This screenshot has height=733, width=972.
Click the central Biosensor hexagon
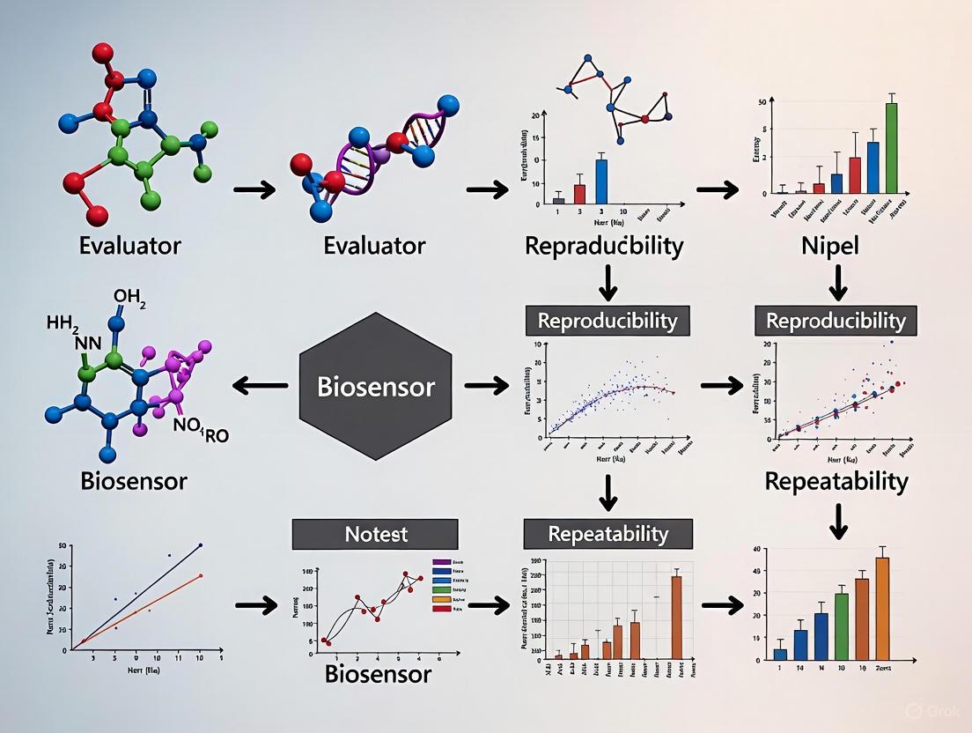pyautogui.click(x=376, y=385)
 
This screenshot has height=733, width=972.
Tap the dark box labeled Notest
pyautogui.click(x=375, y=534)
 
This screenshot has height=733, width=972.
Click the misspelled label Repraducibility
pyautogui.click(x=604, y=246)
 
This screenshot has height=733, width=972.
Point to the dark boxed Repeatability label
pyautogui.click(x=607, y=534)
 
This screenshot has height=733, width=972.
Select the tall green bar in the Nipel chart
pyautogui.click(x=891, y=147)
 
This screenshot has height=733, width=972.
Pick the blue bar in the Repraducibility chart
pyautogui.click(x=601, y=181)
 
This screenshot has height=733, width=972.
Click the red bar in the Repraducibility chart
pyautogui.click(x=579, y=193)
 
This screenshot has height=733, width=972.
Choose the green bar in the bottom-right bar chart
pyautogui.click(x=842, y=626)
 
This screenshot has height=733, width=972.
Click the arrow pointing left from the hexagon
pyautogui.click(x=259, y=385)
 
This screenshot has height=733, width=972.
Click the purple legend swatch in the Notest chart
pyautogui.click(x=442, y=561)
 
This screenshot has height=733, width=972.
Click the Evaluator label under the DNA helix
pyautogui.click(x=375, y=246)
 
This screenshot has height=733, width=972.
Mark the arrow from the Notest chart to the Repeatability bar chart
pyautogui.click(x=490, y=605)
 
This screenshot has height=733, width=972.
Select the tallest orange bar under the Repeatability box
pyautogui.click(x=676, y=617)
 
